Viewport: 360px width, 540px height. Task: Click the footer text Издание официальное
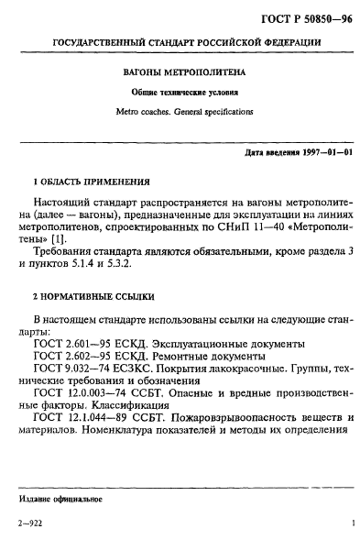click(x=60, y=500)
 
